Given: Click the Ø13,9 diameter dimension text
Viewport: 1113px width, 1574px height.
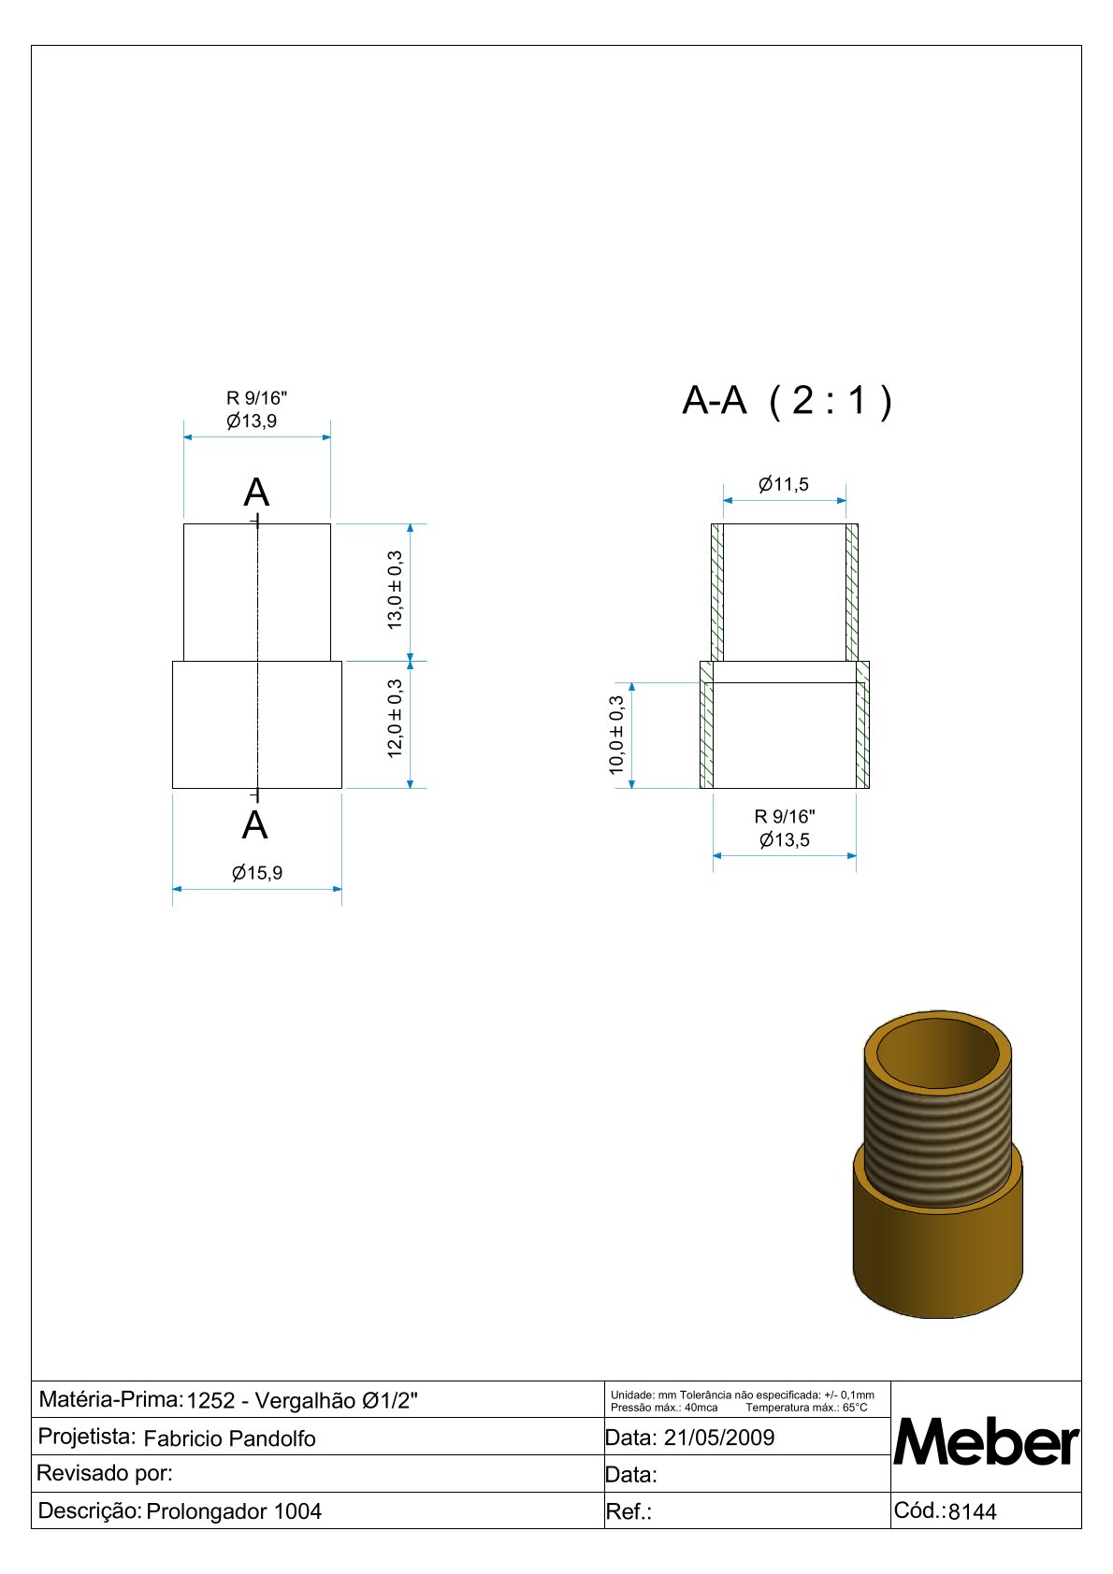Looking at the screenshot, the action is [x=251, y=421].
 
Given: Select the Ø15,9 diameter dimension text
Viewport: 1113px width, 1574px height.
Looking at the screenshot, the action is [x=256, y=873].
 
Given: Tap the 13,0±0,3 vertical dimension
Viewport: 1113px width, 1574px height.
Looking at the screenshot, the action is [x=395, y=591].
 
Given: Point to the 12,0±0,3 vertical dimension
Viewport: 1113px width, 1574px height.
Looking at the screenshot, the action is [x=395, y=718].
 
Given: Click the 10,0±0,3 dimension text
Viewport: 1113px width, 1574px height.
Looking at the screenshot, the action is [x=616, y=735].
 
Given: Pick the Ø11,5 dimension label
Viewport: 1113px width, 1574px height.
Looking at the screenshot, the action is [x=783, y=484].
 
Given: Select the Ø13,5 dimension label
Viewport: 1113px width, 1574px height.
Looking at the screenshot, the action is [x=784, y=839].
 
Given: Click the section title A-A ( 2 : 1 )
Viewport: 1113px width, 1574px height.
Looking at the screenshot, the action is [x=787, y=401].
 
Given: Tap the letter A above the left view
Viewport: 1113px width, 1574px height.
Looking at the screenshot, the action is [x=256, y=492].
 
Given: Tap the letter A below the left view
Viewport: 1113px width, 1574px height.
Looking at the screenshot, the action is [x=254, y=824].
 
